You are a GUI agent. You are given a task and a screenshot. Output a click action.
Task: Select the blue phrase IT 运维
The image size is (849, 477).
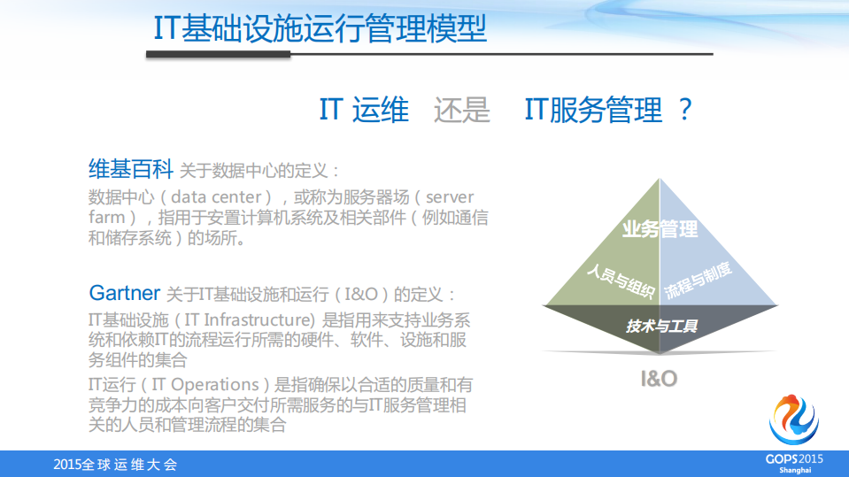click(364, 111)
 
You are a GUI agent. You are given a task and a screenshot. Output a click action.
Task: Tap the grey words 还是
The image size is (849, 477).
click(461, 111)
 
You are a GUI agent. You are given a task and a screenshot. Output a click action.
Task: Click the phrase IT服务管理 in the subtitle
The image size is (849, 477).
click(593, 111)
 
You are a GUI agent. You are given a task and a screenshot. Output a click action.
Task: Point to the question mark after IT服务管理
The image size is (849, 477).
click(683, 111)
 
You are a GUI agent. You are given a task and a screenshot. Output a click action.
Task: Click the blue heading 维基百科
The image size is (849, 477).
click(130, 168)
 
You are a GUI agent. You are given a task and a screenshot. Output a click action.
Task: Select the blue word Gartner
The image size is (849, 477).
click(125, 293)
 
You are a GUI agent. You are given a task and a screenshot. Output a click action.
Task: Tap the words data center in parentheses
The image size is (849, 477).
click(215, 196)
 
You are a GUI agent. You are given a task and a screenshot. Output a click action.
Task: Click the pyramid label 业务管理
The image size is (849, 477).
click(660, 229)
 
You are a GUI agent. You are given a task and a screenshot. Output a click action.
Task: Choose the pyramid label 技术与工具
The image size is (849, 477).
click(661, 326)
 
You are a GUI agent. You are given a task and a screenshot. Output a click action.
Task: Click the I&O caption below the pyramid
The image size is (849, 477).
click(659, 379)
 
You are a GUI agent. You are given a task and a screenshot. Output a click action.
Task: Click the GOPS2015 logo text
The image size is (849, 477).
click(794, 458)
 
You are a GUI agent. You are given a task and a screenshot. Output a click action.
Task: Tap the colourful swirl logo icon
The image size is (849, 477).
click(794, 418)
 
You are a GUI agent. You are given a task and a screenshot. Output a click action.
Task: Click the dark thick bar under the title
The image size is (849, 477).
click(218, 55)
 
